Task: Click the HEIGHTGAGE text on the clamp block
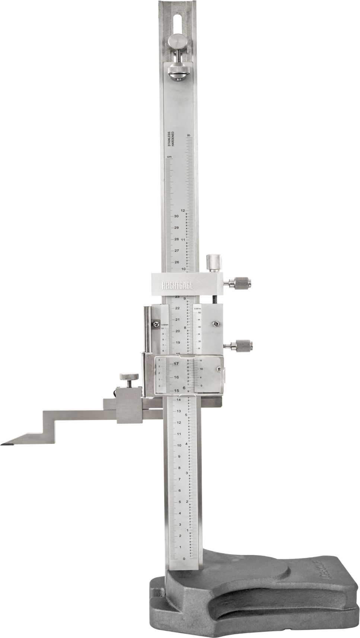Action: [177, 286]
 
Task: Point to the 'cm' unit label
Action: [169, 156]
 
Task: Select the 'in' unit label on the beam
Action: [189, 135]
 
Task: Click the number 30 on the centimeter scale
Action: [176, 216]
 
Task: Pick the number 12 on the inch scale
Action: [183, 210]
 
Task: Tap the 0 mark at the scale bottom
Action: [184, 559]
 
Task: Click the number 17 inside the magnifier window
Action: [176, 364]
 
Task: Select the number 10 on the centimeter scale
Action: [179, 445]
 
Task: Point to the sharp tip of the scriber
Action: [3, 444]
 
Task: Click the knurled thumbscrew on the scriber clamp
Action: [129, 377]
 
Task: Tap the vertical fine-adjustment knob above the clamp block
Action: [214, 263]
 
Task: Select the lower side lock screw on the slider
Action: [242, 346]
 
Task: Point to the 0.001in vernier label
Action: [197, 308]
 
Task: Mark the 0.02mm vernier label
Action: [165, 325]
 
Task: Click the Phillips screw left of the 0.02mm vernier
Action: [156, 325]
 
